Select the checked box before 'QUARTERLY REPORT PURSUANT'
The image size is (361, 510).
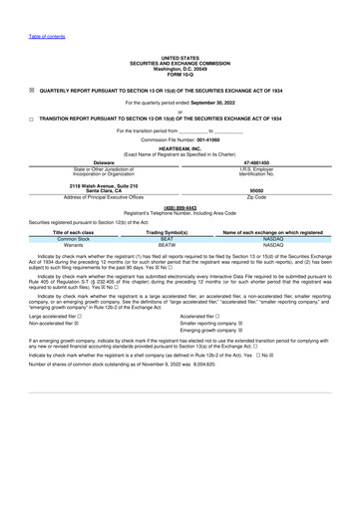(x=32, y=89)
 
